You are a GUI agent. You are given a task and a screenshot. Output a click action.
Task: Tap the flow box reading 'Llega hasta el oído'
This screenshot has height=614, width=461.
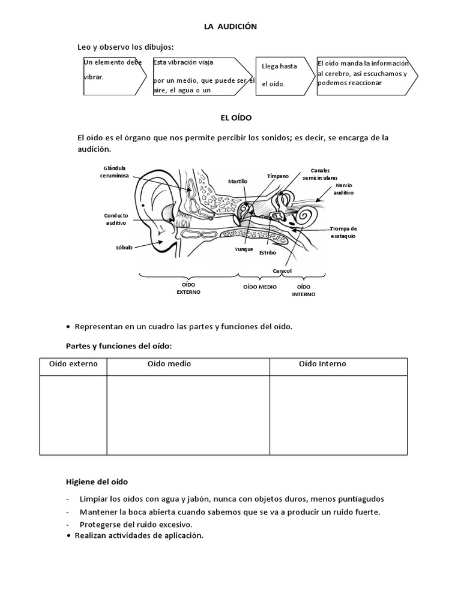tap(280, 75)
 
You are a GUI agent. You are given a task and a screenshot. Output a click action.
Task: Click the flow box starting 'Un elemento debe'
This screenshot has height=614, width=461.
tap(113, 76)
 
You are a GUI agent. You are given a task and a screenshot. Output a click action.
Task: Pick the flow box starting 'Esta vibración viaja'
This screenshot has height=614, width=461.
tap(203, 76)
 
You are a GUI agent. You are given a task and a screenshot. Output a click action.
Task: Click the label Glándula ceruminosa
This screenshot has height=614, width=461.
tap(116, 173)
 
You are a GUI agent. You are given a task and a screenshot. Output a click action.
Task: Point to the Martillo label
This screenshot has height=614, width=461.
tap(238, 181)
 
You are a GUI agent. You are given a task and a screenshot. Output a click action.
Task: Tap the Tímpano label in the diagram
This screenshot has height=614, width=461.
tap(278, 176)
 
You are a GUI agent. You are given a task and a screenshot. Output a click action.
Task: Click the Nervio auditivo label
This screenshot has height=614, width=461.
tap(344, 189)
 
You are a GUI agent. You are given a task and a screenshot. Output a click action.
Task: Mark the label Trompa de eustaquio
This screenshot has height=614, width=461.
tap(343, 232)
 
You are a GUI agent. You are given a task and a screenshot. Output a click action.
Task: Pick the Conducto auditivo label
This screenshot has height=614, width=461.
tap(116, 219)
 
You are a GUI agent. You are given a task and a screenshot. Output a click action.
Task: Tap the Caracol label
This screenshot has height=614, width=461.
tap(282, 271)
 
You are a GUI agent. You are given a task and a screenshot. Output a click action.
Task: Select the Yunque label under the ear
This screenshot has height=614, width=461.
tap(244, 249)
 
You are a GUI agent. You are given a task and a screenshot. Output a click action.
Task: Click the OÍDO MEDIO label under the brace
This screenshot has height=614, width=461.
tap(260, 287)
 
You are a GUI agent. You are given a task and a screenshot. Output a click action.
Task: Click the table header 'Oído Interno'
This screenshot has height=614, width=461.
tap(322, 364)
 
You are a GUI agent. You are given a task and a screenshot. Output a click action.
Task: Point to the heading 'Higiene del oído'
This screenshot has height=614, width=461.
tap(96, 481)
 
